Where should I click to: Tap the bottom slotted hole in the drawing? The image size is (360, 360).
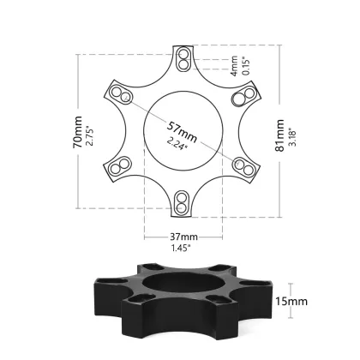tap(182, 201)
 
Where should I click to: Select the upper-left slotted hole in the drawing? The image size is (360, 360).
tap(122, 95)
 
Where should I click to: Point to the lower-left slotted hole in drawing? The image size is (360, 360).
tap(122, 166)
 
